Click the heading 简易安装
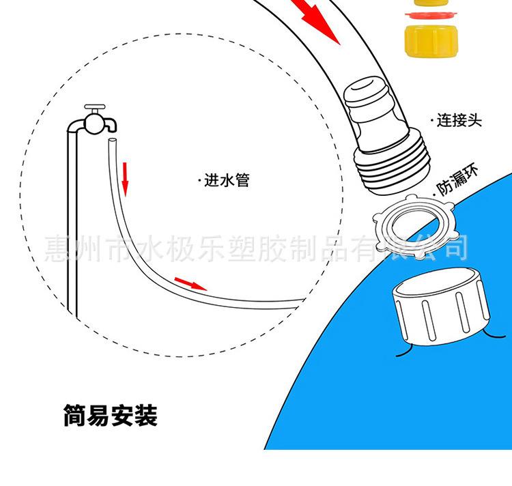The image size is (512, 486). point(110,416)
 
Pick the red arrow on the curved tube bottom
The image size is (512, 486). point(190,284)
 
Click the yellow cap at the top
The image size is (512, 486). point(427,40)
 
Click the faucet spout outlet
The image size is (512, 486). point(109,126)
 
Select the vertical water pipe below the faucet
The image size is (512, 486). point(71,225)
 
